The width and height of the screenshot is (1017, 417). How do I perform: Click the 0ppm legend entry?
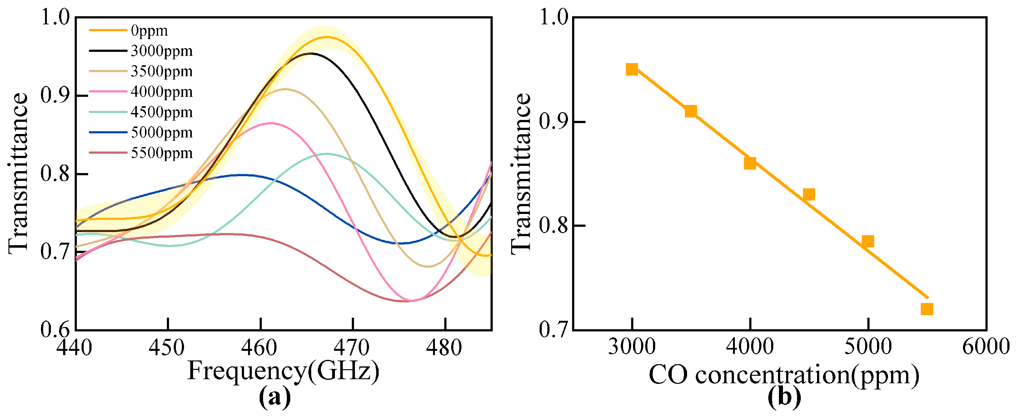click(x=149, y=30)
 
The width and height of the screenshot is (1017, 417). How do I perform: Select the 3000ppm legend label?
click(x=162, y=51)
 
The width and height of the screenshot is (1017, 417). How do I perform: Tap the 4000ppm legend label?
click(x=162, y=92)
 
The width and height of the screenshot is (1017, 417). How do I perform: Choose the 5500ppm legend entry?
click(x=162, y=153)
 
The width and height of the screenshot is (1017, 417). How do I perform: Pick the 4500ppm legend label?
click(x=162, y=112)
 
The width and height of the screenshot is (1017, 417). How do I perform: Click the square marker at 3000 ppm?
click(x=632, y=69)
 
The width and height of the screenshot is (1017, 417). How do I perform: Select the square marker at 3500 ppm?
click(x=690, y=111)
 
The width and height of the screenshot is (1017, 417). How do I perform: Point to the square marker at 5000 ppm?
click(x=867, y=241)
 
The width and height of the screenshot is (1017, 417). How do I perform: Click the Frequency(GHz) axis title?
click(x=283, y=371)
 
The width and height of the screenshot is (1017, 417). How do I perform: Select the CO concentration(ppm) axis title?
click(x=784, y=375)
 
